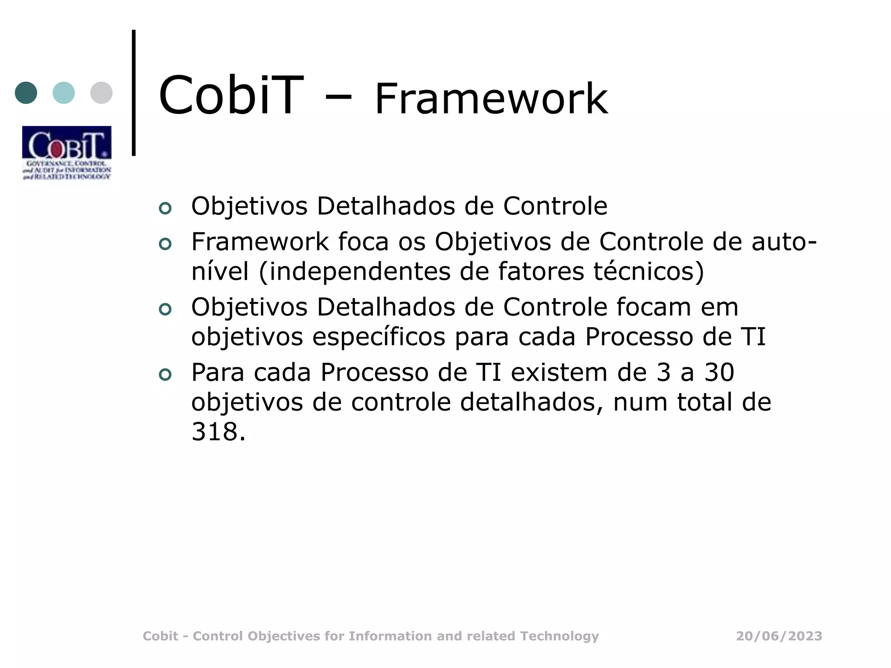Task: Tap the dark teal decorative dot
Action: point(26,93)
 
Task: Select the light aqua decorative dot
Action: point(64,93)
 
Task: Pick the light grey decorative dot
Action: point(101,93)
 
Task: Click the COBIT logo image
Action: point(67,153)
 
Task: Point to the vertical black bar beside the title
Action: point(134,92)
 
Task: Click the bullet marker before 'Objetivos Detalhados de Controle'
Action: point(165,208)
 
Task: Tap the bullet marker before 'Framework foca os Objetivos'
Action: point(165,244)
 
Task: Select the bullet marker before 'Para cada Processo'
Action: point(165,374)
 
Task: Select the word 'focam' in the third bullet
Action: point(653,307)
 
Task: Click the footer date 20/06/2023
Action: point(779,636)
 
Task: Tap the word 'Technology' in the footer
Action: point(559,636)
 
